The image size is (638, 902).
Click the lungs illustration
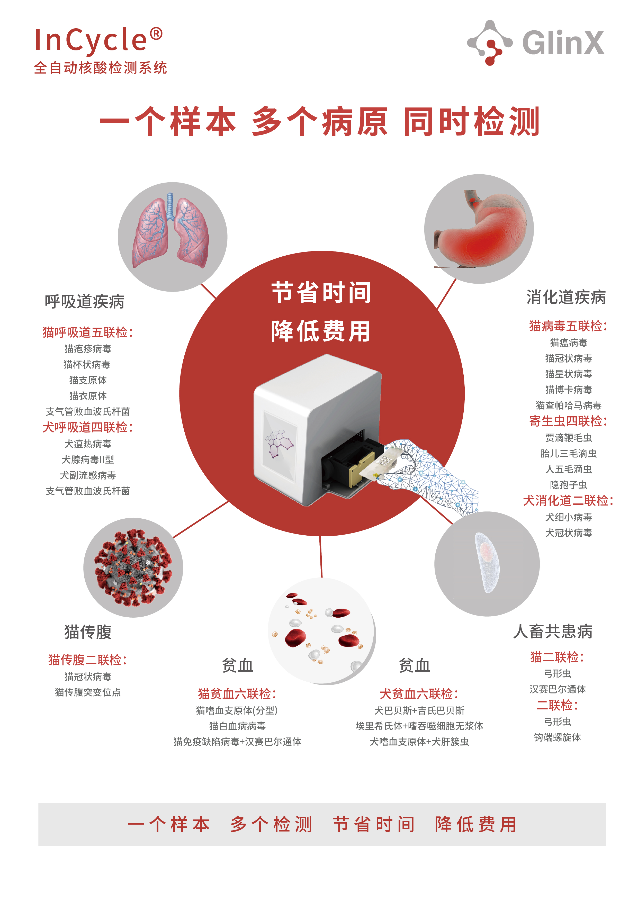170,231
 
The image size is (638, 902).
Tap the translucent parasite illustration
487,563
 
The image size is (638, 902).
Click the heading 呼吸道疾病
84,302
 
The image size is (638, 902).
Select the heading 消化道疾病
566,297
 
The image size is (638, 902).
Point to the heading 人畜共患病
553,631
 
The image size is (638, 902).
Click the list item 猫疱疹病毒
88,349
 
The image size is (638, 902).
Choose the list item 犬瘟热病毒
88,444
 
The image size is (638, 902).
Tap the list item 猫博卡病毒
569,390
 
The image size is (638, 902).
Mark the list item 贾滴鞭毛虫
569,438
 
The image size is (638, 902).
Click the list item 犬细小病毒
569,517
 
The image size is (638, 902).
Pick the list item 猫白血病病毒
237,726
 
